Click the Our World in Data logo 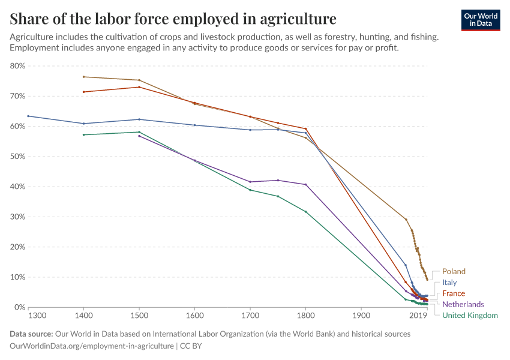pyautogui.click(x=480, y=20)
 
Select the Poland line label pyautogui.click(x=454, y=271)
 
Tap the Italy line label pyautogui.click(x=449, y=282)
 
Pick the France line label pyautogui.click(x=453, y=293)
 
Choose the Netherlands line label pyautogui.click(x=463, y=304)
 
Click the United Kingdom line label pyautogui.click(x=469, y=315)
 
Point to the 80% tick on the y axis pyautogui.click(x=17, y=66)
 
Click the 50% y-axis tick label pyautogui.click(x=17, y=157)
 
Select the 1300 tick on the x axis pyautogui.click(x=37, y=316)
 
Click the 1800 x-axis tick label pyautogui.click(x=305, y=316)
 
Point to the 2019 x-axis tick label pyautogui.click(x=418, y=316)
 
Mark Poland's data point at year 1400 pyautogui.click(x=84, y=77)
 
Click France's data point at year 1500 pyautogui.click(x=139, y=87)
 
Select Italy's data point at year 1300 pyautogui.click(x=28, y=116)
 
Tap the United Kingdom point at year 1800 pyautogui.click(x=305, y=211)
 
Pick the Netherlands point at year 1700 pyautogui.click(x=250, y=182)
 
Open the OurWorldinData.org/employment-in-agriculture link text pyautogui.click(x=92, y=346)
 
